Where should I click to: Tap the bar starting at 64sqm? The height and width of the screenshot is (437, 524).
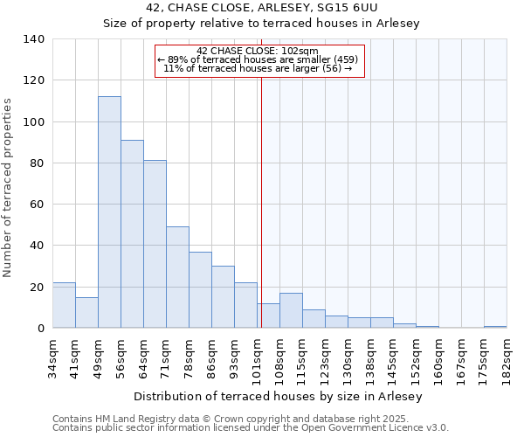[155, 244]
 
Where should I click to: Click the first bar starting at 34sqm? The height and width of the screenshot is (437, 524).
[64, 305]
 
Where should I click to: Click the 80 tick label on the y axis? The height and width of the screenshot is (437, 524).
[37, 163]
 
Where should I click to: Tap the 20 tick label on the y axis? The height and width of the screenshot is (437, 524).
[37, 288]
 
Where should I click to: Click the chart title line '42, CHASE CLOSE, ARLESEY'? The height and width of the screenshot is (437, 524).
[261, 8]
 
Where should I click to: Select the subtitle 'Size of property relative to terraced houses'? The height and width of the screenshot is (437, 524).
[261, 24]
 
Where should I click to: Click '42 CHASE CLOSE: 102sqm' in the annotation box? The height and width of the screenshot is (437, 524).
[258, 51]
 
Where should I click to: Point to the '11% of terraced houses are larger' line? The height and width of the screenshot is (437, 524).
[258, 68]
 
